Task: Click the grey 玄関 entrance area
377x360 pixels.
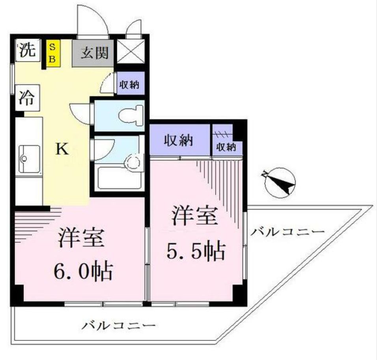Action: click(94, 52)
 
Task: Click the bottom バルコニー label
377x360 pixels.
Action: click(118, 326)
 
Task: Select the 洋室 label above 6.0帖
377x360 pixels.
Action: click(81, 238)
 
